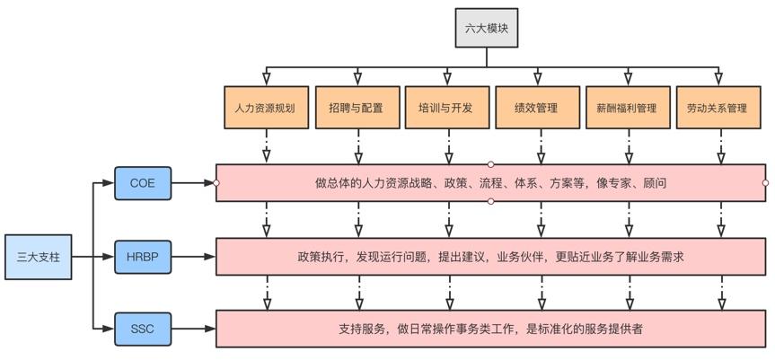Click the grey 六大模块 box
486,28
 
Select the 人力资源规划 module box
265,108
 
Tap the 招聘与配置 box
357,108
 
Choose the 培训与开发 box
446,108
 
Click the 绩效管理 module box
539,108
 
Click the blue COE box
142,183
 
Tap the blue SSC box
142,329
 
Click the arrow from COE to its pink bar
192,183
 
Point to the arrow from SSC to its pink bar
192,329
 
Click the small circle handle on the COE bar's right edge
765,183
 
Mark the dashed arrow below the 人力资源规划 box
267,145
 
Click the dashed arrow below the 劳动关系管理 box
720,145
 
